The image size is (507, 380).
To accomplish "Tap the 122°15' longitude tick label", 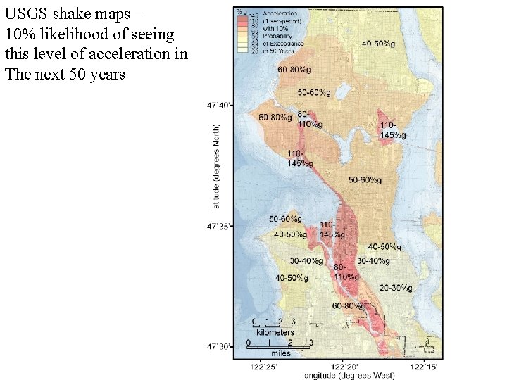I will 427,366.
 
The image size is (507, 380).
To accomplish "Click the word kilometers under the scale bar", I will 275,331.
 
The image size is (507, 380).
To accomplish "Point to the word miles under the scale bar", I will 280,353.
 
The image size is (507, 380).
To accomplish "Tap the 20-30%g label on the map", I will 396,289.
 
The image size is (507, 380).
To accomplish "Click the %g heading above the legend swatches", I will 241,12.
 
